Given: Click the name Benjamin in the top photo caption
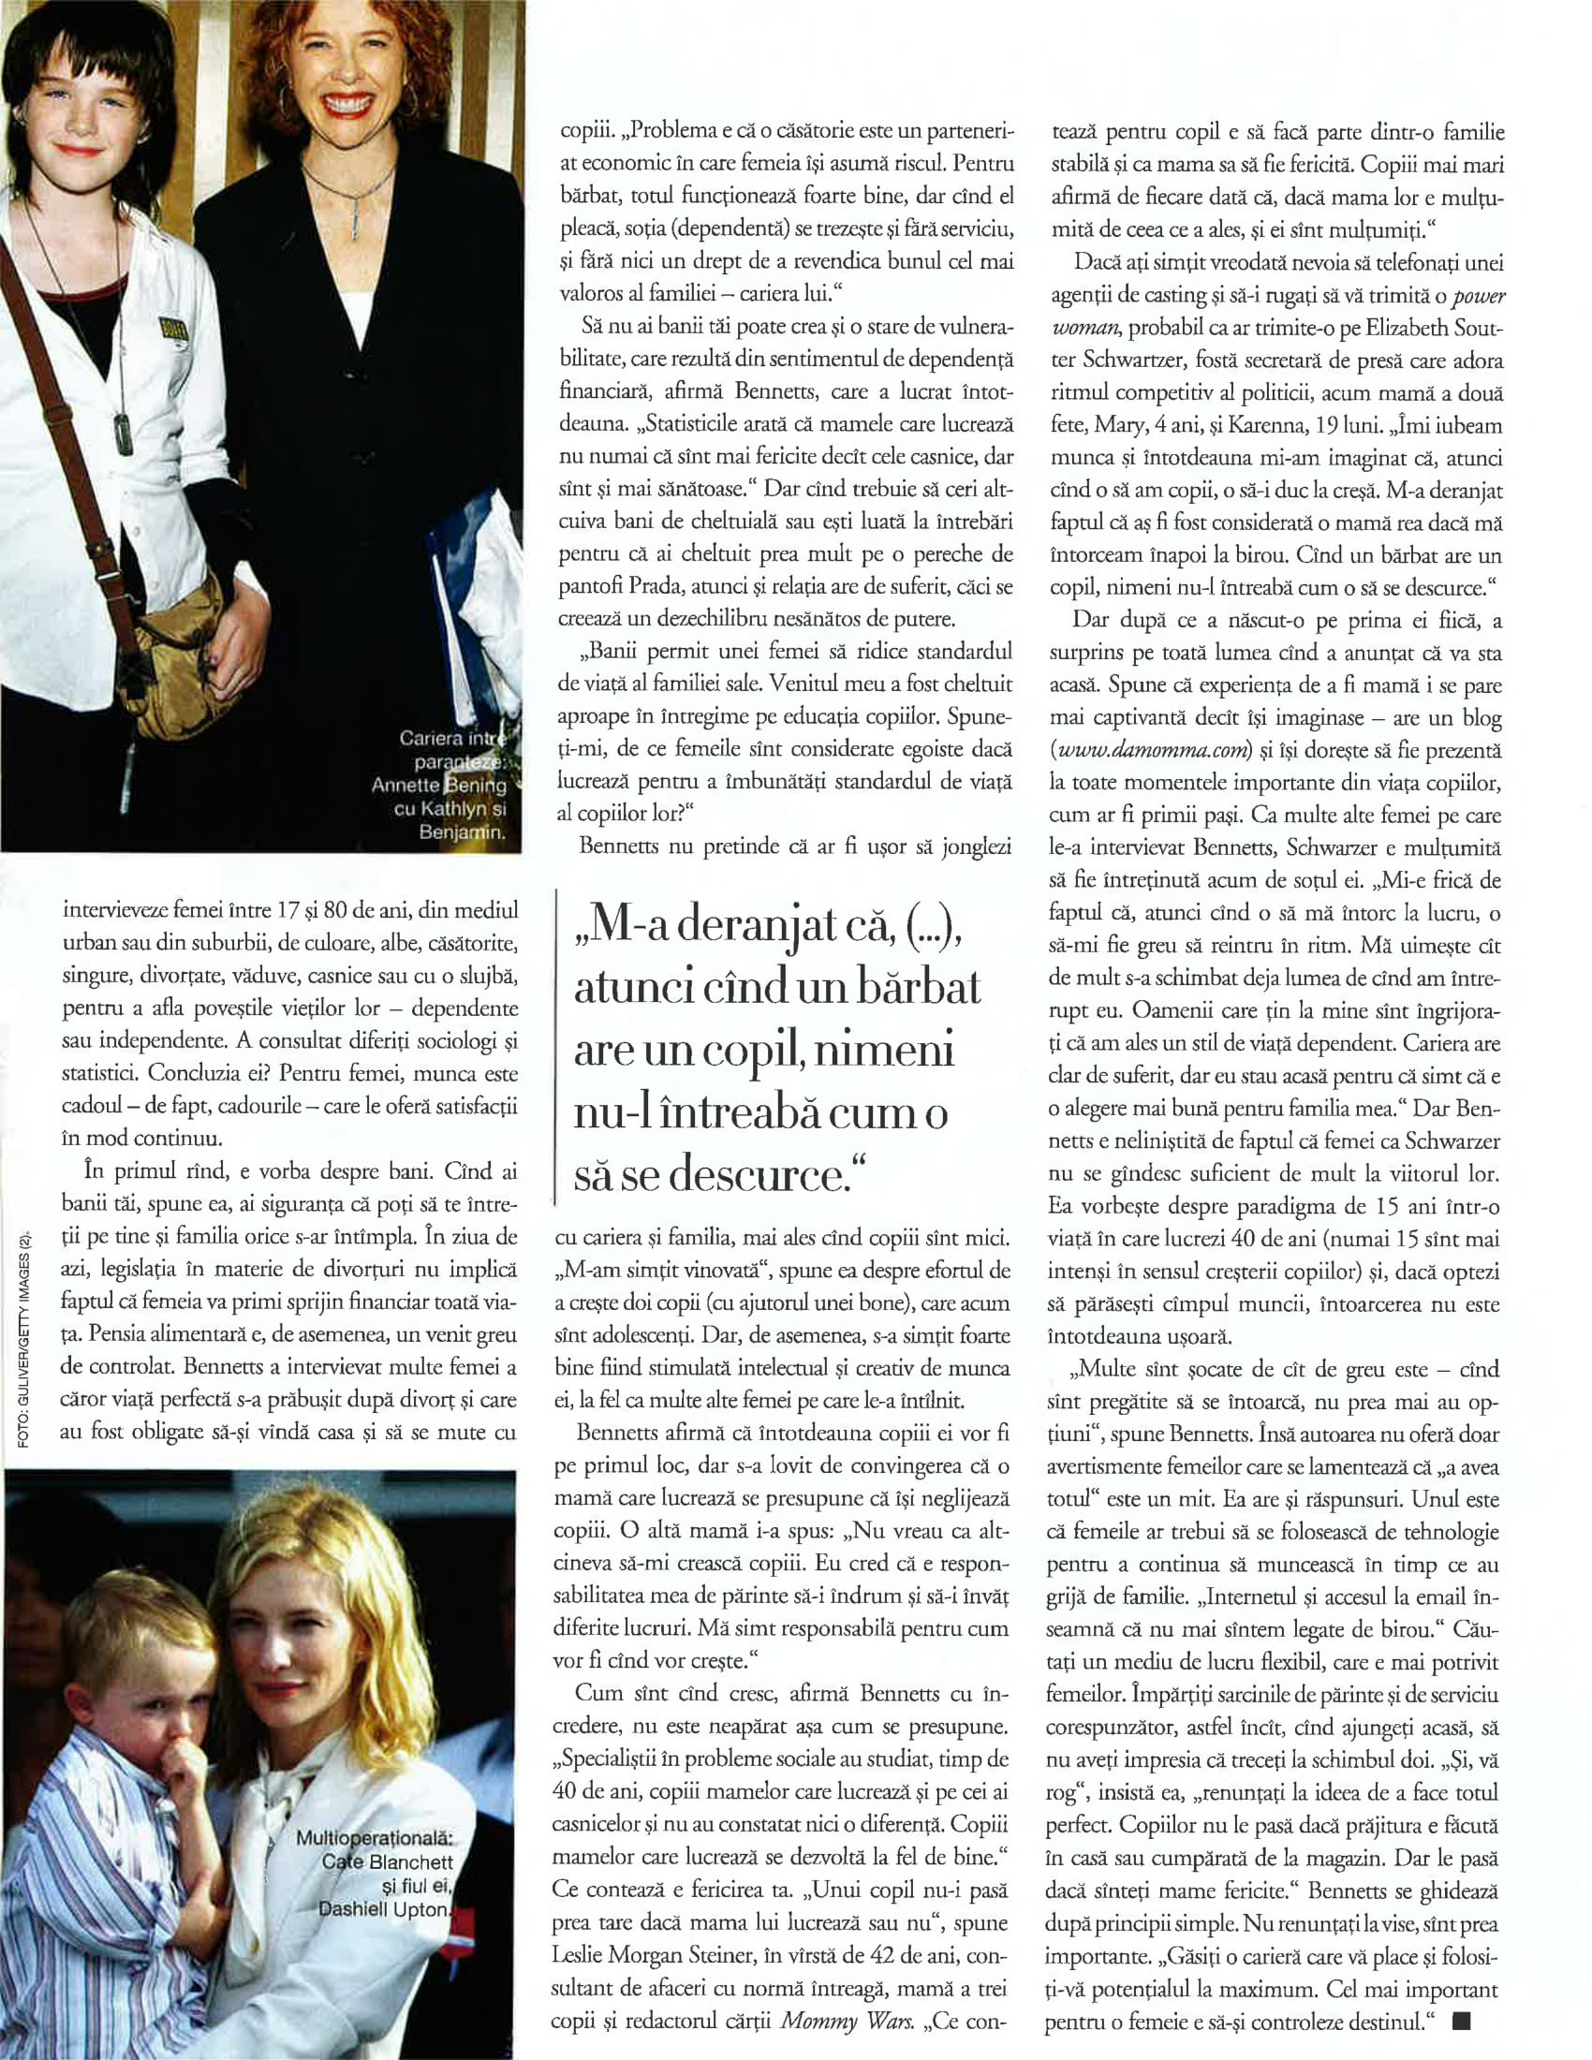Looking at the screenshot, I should coord(462,832).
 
